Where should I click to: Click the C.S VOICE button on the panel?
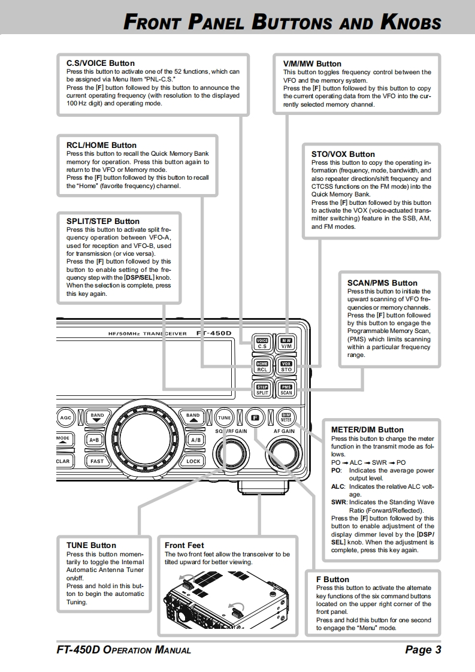pos(262,343)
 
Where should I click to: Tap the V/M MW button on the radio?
pos(286,343)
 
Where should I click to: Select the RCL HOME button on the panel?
pos(262,367)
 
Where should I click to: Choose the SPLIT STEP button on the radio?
pos(262,390)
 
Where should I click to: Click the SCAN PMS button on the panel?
pos(286,390)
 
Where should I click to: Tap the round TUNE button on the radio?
pos(224,417)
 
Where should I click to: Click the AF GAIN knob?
pos(284,452)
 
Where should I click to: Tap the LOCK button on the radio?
pos(193,461)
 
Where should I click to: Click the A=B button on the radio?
pos(95,440)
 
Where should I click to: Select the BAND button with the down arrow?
pos(97,417)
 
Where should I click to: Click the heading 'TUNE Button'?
pos(91,545)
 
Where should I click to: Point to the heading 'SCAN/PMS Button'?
pos(382,283)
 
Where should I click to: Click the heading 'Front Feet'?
pos(184,545)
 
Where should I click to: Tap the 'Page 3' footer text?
pos(423,650)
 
